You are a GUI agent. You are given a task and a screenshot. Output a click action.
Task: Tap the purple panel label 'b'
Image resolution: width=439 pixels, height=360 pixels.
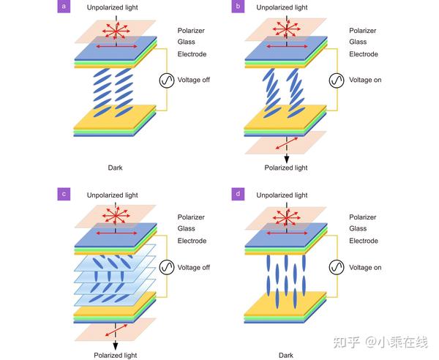(x=237, y=7)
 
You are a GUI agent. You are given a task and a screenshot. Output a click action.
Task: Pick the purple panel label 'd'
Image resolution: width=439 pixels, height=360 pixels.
(x=237, y=194)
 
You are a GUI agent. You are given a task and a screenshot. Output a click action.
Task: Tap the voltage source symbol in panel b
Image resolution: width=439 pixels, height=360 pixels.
(x=337, y=80)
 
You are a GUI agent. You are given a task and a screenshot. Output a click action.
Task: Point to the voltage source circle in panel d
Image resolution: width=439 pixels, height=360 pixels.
(x=337, y=267)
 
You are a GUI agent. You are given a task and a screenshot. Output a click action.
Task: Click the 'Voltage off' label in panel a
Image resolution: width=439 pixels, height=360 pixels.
(x=193, y=80)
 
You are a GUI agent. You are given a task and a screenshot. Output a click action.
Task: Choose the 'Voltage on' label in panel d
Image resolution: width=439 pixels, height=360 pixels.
(x=365, y=268)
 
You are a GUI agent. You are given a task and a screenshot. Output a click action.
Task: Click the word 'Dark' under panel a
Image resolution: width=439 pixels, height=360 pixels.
(x=115, y=168)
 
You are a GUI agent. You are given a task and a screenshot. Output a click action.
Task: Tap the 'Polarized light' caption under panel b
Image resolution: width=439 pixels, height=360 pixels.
(x=287, y=168)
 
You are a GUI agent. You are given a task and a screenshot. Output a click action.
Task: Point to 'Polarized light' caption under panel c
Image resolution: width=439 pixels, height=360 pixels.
(x=115, y=355)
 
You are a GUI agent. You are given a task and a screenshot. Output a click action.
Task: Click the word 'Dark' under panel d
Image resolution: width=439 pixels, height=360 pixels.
(x=286, y=355)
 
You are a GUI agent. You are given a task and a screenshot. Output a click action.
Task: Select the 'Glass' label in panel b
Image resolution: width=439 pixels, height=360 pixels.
(x=359, y=42)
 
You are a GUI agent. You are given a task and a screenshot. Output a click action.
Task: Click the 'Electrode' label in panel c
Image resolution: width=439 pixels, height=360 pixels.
(x=192, y=241)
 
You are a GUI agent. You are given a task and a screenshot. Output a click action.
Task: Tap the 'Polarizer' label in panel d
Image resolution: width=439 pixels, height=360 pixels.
(x=363, y=217)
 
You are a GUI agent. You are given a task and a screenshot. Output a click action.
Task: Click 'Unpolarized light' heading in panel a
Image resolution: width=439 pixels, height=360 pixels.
(x=112, y=7)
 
